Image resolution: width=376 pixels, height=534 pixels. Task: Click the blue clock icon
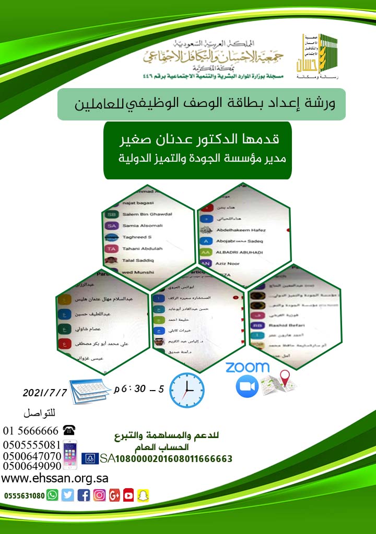tap(186, 390)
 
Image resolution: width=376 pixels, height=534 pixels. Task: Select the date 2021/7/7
tap(45, 392)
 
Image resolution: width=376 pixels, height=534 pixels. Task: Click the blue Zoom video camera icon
tap(247, 386)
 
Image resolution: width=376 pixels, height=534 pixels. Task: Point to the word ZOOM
tap(247, 367)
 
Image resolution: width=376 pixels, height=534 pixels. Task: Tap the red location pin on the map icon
tap(285, 376)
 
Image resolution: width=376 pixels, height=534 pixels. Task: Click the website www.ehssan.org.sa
tap(55, 479)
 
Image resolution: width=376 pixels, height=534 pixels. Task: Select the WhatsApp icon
tap(52, 495)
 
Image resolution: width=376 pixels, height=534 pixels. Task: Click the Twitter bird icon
tap(68, 495)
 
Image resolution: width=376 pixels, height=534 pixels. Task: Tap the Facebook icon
tap(84, 495)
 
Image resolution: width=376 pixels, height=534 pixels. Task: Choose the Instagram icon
tap(99, 495)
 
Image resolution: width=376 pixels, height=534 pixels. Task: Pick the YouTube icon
tap(128, 495)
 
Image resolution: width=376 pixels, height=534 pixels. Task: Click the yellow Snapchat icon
tap(143, 495)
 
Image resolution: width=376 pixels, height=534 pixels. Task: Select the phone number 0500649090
tap(32, 466)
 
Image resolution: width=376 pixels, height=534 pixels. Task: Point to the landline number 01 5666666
tap(31, 431)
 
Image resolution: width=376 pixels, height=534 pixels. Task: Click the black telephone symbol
tap(68, 430)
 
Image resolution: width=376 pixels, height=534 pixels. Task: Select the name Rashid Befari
tap(282, 323)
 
